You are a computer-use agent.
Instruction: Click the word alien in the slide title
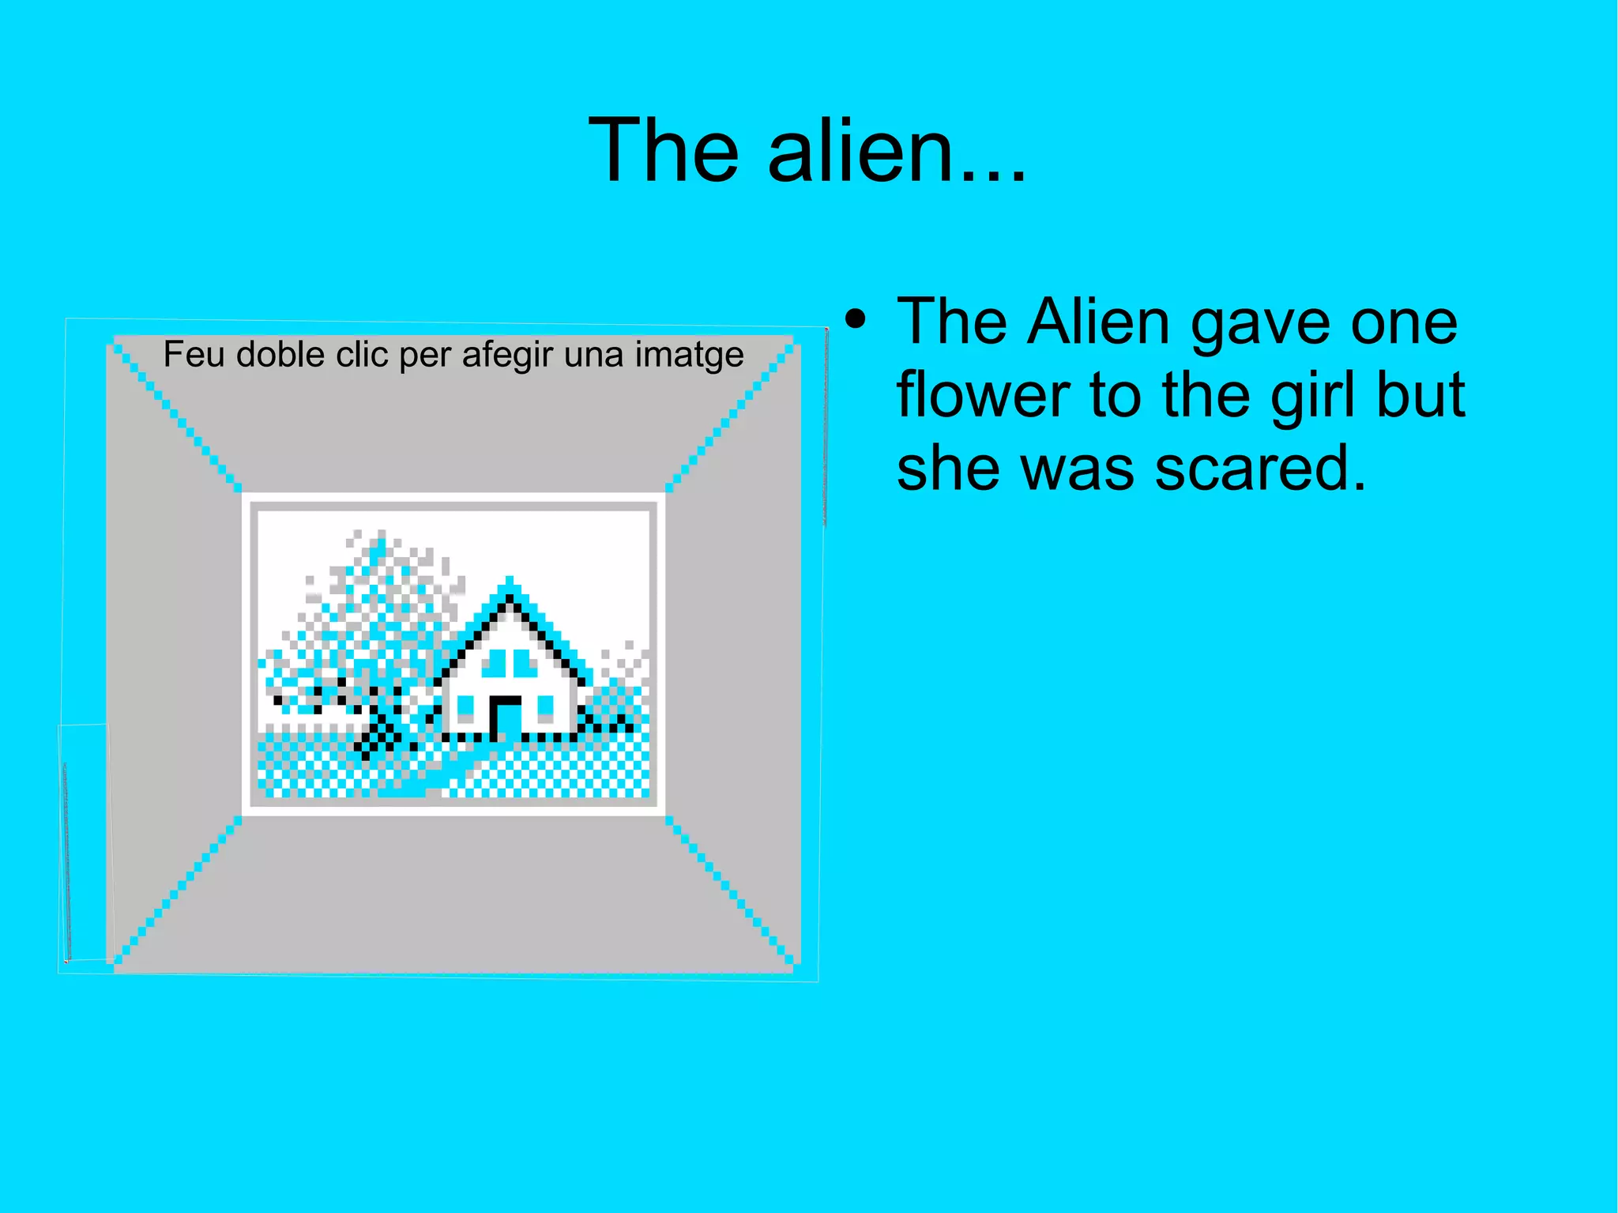861,150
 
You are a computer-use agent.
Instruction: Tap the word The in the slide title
664,150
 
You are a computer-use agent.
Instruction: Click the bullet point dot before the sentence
855,320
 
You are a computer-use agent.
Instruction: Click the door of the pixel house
506,718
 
